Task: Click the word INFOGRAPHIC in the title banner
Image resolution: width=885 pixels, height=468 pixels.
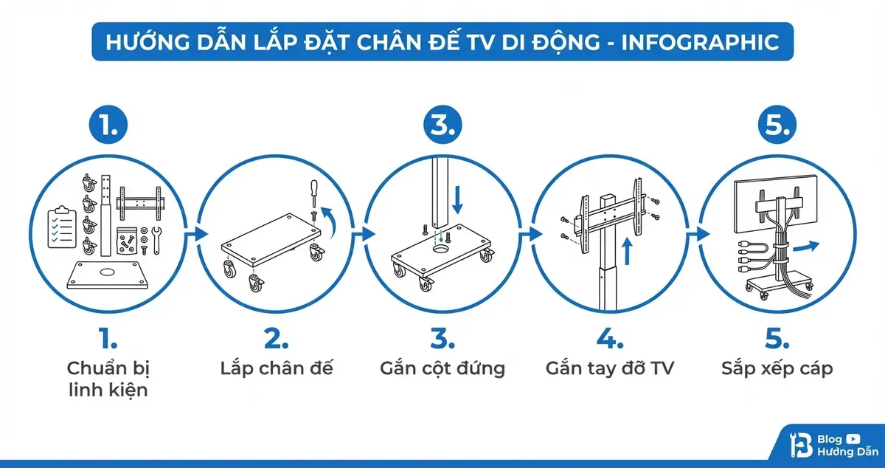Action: point(701,41)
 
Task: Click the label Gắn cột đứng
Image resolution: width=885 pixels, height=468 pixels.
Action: point(442,368)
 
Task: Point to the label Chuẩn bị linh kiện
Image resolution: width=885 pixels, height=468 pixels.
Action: point(108,379)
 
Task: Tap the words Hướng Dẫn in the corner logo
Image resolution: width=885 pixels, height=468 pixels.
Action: point(847,451)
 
